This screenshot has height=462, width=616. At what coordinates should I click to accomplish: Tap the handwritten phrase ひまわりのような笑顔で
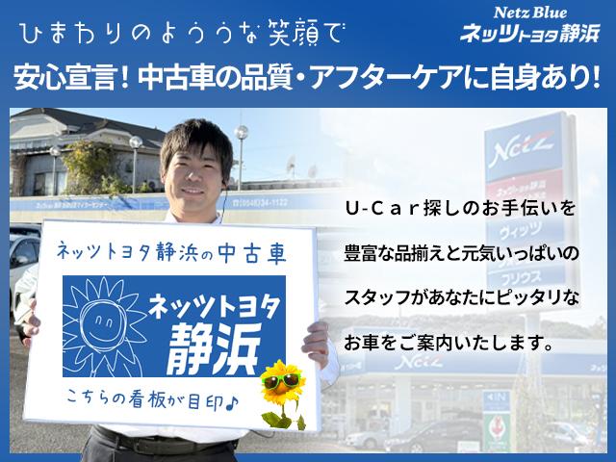(x=179, y=36)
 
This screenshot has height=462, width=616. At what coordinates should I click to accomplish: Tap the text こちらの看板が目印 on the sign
(x=144, y=395)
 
